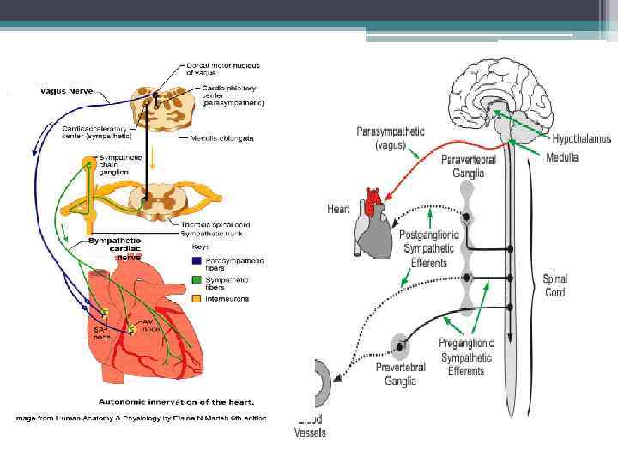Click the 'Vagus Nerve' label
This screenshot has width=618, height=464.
coord(67,89)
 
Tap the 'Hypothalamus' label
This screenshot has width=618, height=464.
coord(581,137)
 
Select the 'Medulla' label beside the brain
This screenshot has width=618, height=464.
coord(562,157)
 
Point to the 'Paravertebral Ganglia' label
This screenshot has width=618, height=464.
coord(463,166)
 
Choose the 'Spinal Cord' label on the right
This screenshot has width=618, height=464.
coord(555,286)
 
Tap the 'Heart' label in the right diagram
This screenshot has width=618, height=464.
coord(340,209)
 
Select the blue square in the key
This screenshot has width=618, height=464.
coord(197,260)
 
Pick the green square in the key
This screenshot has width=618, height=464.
coord(197,279)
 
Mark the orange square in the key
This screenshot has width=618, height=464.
coord(197,298)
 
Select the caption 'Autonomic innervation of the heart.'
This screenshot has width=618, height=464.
coord(176,401)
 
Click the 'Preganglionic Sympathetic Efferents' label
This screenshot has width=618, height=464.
coord(466,357)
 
